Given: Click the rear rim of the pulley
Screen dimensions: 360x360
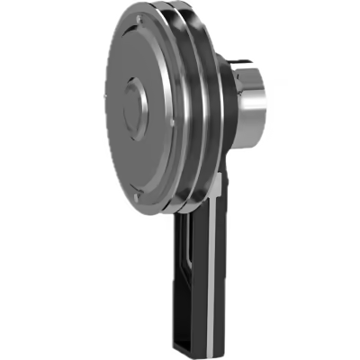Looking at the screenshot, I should [209, 108].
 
